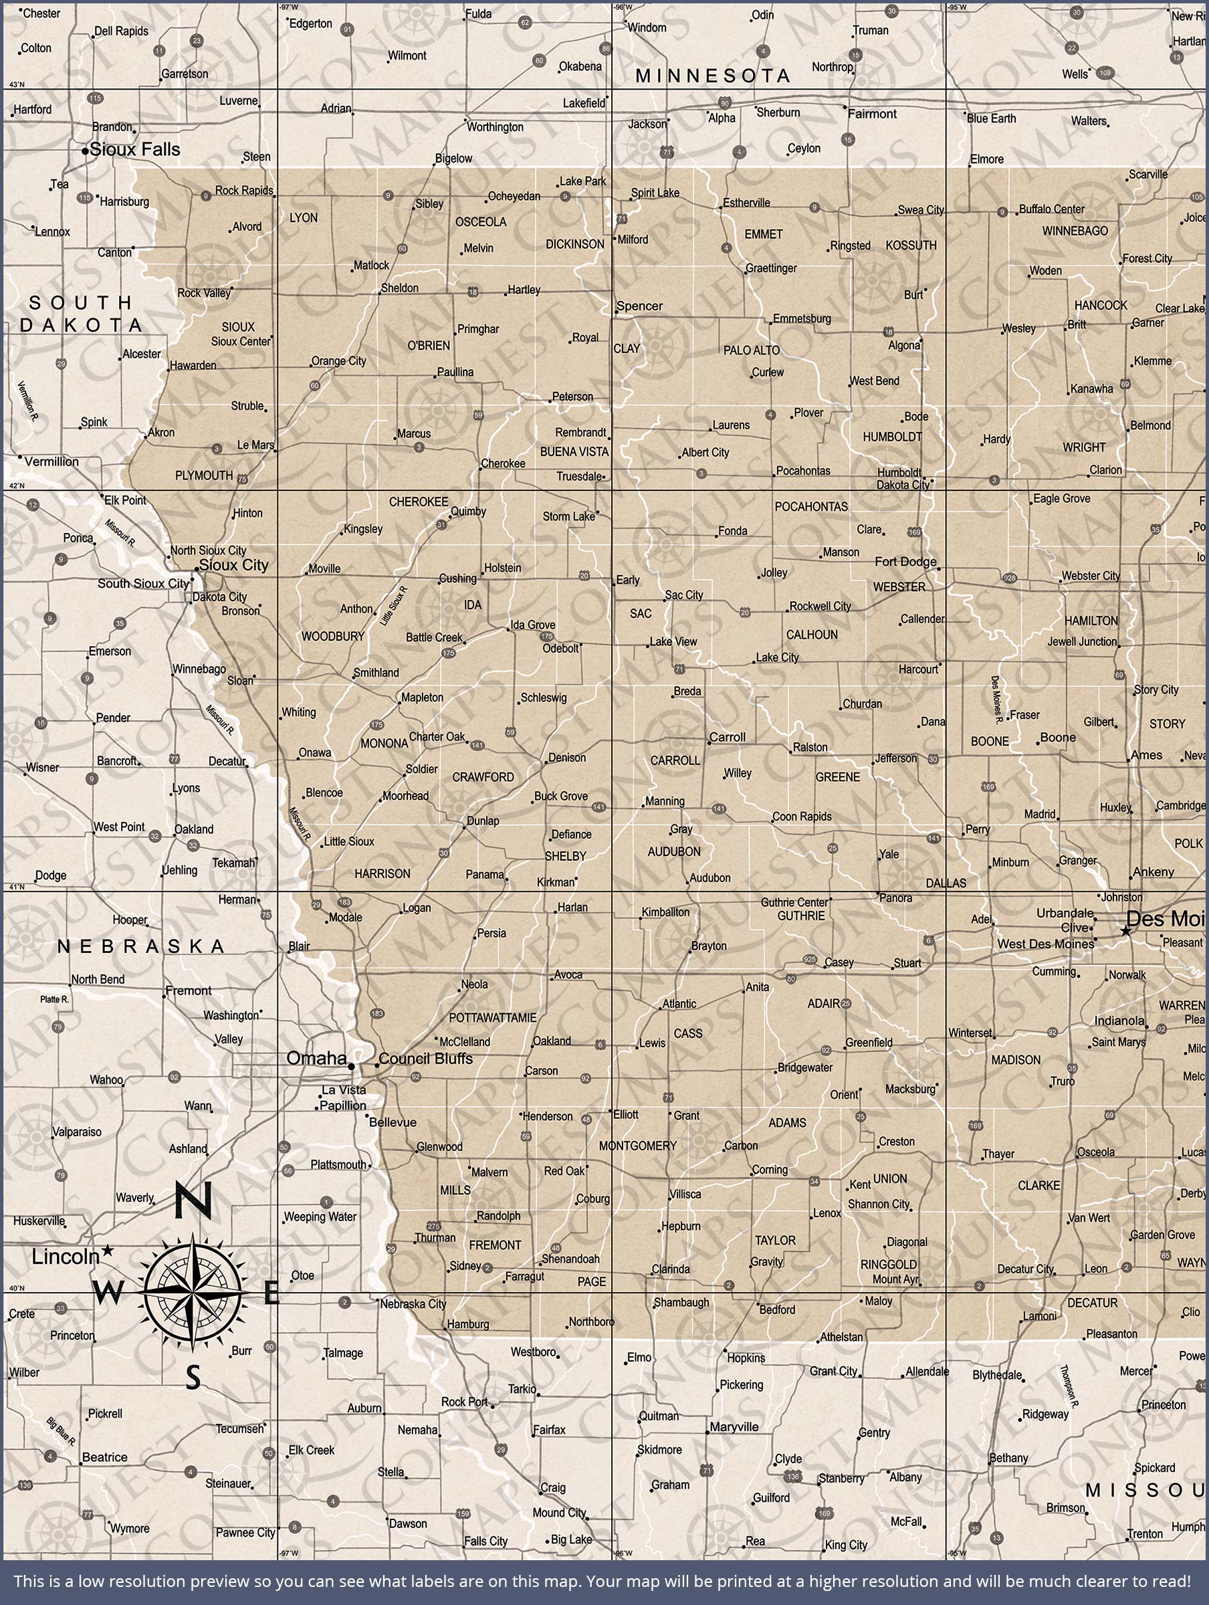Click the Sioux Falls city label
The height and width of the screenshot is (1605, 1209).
point(135,150)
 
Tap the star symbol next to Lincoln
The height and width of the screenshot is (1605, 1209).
point(108,1249)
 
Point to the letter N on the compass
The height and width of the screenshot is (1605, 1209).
point(193,1201)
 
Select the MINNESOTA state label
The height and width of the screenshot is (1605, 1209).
point(713,76)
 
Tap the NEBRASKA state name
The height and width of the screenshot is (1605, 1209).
point(142,946)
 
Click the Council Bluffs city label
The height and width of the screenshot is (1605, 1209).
point(425,1059)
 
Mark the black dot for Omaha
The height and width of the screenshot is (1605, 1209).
point(351,1066)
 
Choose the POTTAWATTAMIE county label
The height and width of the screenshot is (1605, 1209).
point(493,1018)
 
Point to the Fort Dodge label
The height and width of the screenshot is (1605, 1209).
point(905,562)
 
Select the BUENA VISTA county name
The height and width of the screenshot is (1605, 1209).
point(574,451)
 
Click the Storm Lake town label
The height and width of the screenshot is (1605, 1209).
point(568,517)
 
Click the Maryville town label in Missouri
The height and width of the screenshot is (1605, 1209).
point(734,1427)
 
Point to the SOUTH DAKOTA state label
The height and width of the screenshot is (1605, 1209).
point(82,314)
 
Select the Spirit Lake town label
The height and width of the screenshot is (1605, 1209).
point(655,193)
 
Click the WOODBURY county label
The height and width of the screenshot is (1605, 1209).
point(333,637)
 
